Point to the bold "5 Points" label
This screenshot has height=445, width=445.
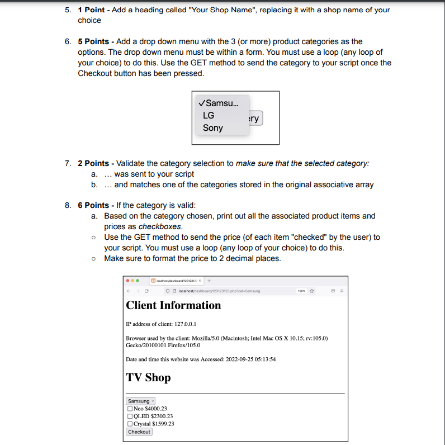point(93,41)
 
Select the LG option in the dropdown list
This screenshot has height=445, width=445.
point(209,115)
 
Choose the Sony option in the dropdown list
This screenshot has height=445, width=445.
point(212,127)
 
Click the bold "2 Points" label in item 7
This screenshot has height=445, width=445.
point(93,163)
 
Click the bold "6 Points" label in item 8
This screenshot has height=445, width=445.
point(93,205)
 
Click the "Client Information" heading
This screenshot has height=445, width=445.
point(173,305)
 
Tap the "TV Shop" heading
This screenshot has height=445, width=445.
point(148,377)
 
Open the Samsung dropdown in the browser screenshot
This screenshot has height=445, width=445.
point(140,401)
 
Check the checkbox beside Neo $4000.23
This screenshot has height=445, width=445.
point(130,409)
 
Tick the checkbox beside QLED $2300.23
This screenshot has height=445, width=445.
point(130,416)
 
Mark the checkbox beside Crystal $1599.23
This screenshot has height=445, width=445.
point(130,424)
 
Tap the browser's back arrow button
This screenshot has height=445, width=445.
point(129,291)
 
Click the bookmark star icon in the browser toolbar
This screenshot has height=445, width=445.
point(313,291)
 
